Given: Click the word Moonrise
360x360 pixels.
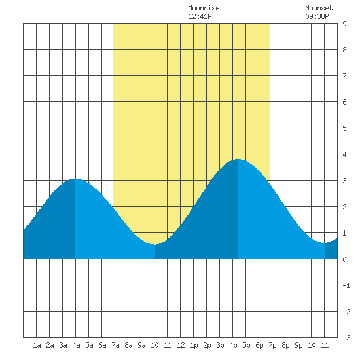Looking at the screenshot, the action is click(x=204, y=9).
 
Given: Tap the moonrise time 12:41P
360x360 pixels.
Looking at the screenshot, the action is click(x=200, y=16).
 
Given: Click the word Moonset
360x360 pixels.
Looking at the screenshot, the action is click(x=319, y=9).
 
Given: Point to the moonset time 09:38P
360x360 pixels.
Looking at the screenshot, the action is click(x=317, y=16).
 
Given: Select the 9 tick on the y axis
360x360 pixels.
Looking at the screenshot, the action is click(x=344, y=24).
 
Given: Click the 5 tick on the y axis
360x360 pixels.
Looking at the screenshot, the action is click(x=344, y=128).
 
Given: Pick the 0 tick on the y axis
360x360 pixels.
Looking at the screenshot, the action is click(x=344, y=259).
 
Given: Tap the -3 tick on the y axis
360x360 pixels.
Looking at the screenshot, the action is click(x=346, y=338).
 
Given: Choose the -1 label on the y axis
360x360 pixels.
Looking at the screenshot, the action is click(x=346, y=285).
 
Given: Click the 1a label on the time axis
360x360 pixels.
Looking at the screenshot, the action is click(x=37, y=345).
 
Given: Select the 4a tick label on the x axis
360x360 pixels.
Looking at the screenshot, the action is click(x=76, y=345).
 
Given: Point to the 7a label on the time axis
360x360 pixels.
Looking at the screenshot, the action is click(x=115, y=345).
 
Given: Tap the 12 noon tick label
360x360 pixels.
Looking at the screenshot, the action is click(x=181, y=345).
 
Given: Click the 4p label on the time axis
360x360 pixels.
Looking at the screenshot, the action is click(x=233, y=345).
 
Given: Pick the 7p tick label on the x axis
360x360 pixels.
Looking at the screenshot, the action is click(x=272, y=345).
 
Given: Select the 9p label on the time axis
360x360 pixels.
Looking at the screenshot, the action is click(x=298, y=345).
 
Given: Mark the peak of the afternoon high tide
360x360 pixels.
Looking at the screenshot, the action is click(x=238, y=159).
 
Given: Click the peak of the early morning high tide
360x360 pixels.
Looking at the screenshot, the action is click(x=75, y=179).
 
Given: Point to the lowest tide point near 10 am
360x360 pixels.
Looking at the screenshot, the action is click(x=155, y=245).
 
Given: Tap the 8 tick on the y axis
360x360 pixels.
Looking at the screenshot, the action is click(x=344, y=50).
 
